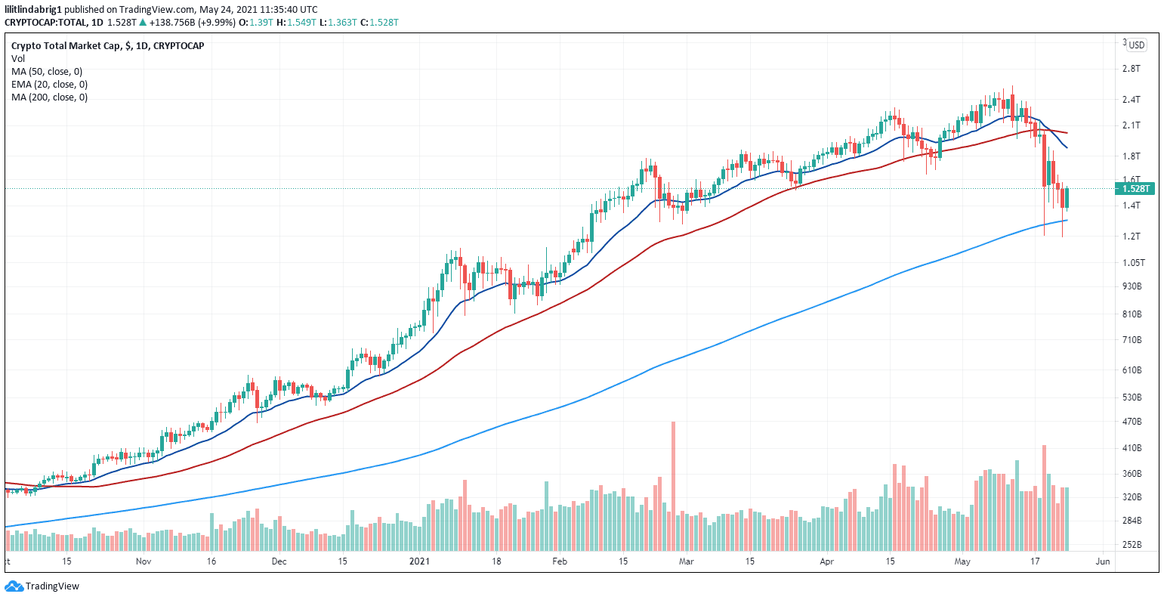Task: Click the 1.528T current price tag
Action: click(1135, 188)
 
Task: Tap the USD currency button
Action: click(1136, 45)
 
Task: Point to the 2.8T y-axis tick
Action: click(1131, 69)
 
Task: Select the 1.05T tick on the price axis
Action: click(1134, 263)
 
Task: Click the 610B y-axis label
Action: click(1132, 370)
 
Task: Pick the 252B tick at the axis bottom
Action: click(1132, 545)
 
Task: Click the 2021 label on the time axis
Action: click(419, 561)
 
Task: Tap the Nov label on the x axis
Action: click(144, 561)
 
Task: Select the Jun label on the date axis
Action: click(1102, 561)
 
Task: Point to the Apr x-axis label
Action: click(827, 561)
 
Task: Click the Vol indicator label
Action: click(17, 58)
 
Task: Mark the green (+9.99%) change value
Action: click(214, 22)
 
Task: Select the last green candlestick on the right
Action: click(1067, 198)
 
